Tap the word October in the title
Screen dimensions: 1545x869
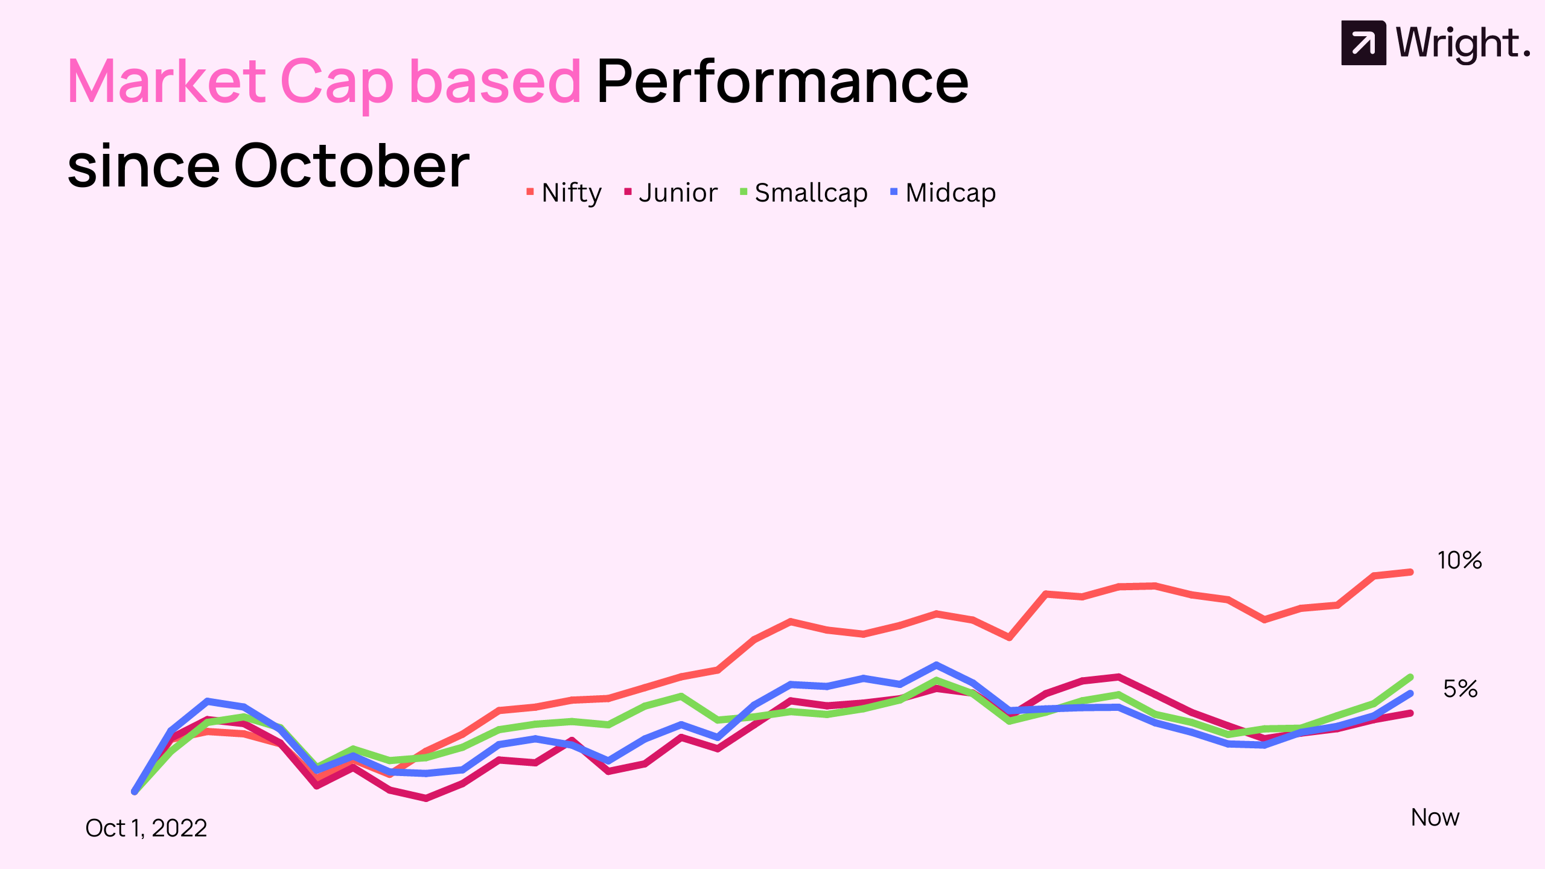tap(352, 165)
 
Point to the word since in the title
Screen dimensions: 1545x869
tap(144, 165)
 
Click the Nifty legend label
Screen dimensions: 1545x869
tap(572, 193)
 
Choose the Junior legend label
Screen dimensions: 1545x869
tap(678, 193)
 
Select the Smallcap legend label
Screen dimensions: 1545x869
tap(811, 193)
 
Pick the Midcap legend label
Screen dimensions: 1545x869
tap(951, 193)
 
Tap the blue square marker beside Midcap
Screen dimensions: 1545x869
tap(894, 192)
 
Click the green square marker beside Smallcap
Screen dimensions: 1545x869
tap(744, 192)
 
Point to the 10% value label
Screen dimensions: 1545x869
tap(1459, 561)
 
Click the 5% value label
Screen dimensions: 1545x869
tap(1460, 689)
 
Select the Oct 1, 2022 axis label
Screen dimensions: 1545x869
tap(146, 828)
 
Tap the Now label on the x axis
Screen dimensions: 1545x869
tap(1435, 817)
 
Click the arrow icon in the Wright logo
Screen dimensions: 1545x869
tap(1363, 43)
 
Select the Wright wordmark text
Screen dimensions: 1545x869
tap(1463, 44)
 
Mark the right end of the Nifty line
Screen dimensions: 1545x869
tap(1410, 572)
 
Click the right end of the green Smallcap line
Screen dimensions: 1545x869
tap(1410, 677)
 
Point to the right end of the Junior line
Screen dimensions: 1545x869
tap(1410, 713)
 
